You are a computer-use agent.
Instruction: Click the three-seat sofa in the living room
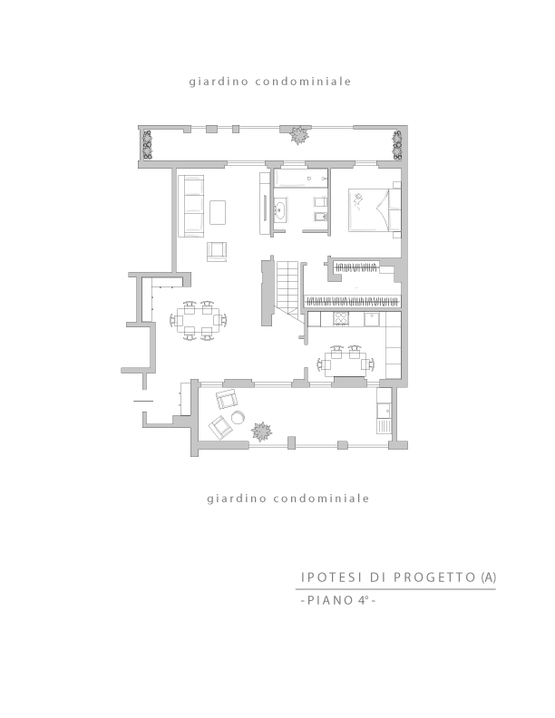[x=190, y=206]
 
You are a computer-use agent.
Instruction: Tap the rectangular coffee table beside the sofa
[x=218, y=212]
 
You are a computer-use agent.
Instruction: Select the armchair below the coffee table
[x=217, y=251]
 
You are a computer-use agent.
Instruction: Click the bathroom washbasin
[x=280, y=209]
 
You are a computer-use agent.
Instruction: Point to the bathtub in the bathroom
[x=300, y=178]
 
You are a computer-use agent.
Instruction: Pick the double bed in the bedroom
[x=375, y=210]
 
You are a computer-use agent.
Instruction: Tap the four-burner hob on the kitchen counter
[x=341, y=319]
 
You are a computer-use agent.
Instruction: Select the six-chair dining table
[x=199, y=320]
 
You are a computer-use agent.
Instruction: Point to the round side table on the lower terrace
[x=238, y=417]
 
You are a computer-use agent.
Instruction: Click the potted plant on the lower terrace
[x=261, y=432]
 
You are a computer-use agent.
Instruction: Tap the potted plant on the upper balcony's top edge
[x=298, y=135]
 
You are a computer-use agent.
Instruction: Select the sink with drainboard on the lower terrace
[x=384, y=411]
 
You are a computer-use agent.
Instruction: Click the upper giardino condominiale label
[x=270, y=82]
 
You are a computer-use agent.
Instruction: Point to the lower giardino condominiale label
[x=288, y=499]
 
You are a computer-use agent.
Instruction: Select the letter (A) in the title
[x=488, y=577]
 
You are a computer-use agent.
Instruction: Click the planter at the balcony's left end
[x=148, y=145]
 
